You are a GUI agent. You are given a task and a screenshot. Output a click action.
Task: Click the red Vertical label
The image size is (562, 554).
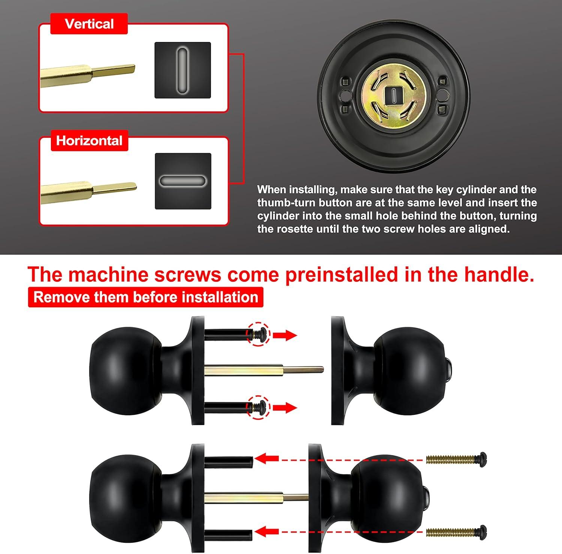pyautogui.click(x=89, y=24)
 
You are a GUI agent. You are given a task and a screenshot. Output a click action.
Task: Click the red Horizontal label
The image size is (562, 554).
pyautogui.click(x=89, y=141)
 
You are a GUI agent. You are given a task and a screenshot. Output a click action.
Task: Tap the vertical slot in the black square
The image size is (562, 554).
pyautogui.click(x=182, y=70)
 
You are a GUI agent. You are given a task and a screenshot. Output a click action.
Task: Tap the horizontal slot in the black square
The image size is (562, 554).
pyautogui.click(x=182, y=181)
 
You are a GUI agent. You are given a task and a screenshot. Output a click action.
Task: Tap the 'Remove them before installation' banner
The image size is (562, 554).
pyautogui.click(x=146, y=297)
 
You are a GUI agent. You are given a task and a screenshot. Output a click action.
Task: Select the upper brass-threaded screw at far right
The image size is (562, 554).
pyautogui.click(x=456, y=458)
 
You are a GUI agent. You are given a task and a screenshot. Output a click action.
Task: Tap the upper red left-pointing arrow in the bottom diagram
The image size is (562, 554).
pyautogui.click(x=266, y=458)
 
